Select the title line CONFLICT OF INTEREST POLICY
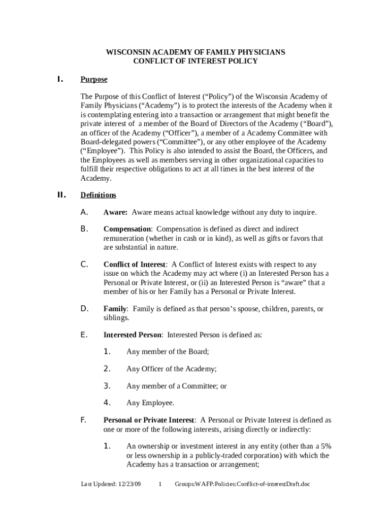coord(195,61)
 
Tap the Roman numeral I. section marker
coord(59,79)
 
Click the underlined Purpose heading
coord(94,80)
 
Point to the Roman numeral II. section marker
coord(61,195)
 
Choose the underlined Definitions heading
coord(98,195)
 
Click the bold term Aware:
coord(115,212)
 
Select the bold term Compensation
coord(127,229)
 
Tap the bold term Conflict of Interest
coord(134,265)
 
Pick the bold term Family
coord(115,309)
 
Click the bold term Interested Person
coord(133,335)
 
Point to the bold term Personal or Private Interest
coord(148,420)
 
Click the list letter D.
coord(85,309)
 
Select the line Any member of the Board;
coord(168,351)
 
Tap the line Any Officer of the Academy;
coord(171,369)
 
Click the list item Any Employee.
coord(150,403)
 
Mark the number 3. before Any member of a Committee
coord(107,386)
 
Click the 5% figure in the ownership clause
coord(325,446)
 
